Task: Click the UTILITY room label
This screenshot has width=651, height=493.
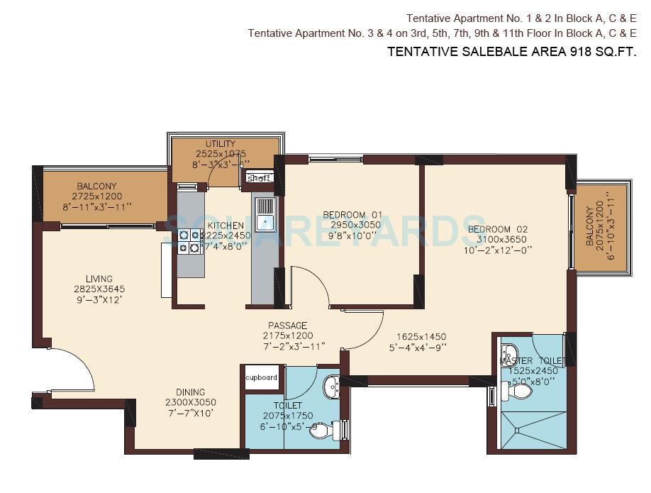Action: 221,144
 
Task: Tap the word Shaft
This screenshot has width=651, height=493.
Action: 258,178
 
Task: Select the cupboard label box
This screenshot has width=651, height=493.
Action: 262,377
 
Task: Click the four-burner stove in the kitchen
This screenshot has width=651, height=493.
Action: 189,240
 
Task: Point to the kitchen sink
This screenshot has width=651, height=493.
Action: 266,214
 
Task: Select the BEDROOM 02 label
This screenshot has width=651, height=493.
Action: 498,229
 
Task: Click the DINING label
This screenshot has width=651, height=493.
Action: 190,392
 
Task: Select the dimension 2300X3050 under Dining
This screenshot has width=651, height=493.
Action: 190,401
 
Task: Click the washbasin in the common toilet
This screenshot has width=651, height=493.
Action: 331,387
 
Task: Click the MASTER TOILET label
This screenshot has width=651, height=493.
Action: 533,361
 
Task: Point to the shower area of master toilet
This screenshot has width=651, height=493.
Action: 531,425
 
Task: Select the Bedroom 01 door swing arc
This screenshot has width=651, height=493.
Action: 311,284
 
